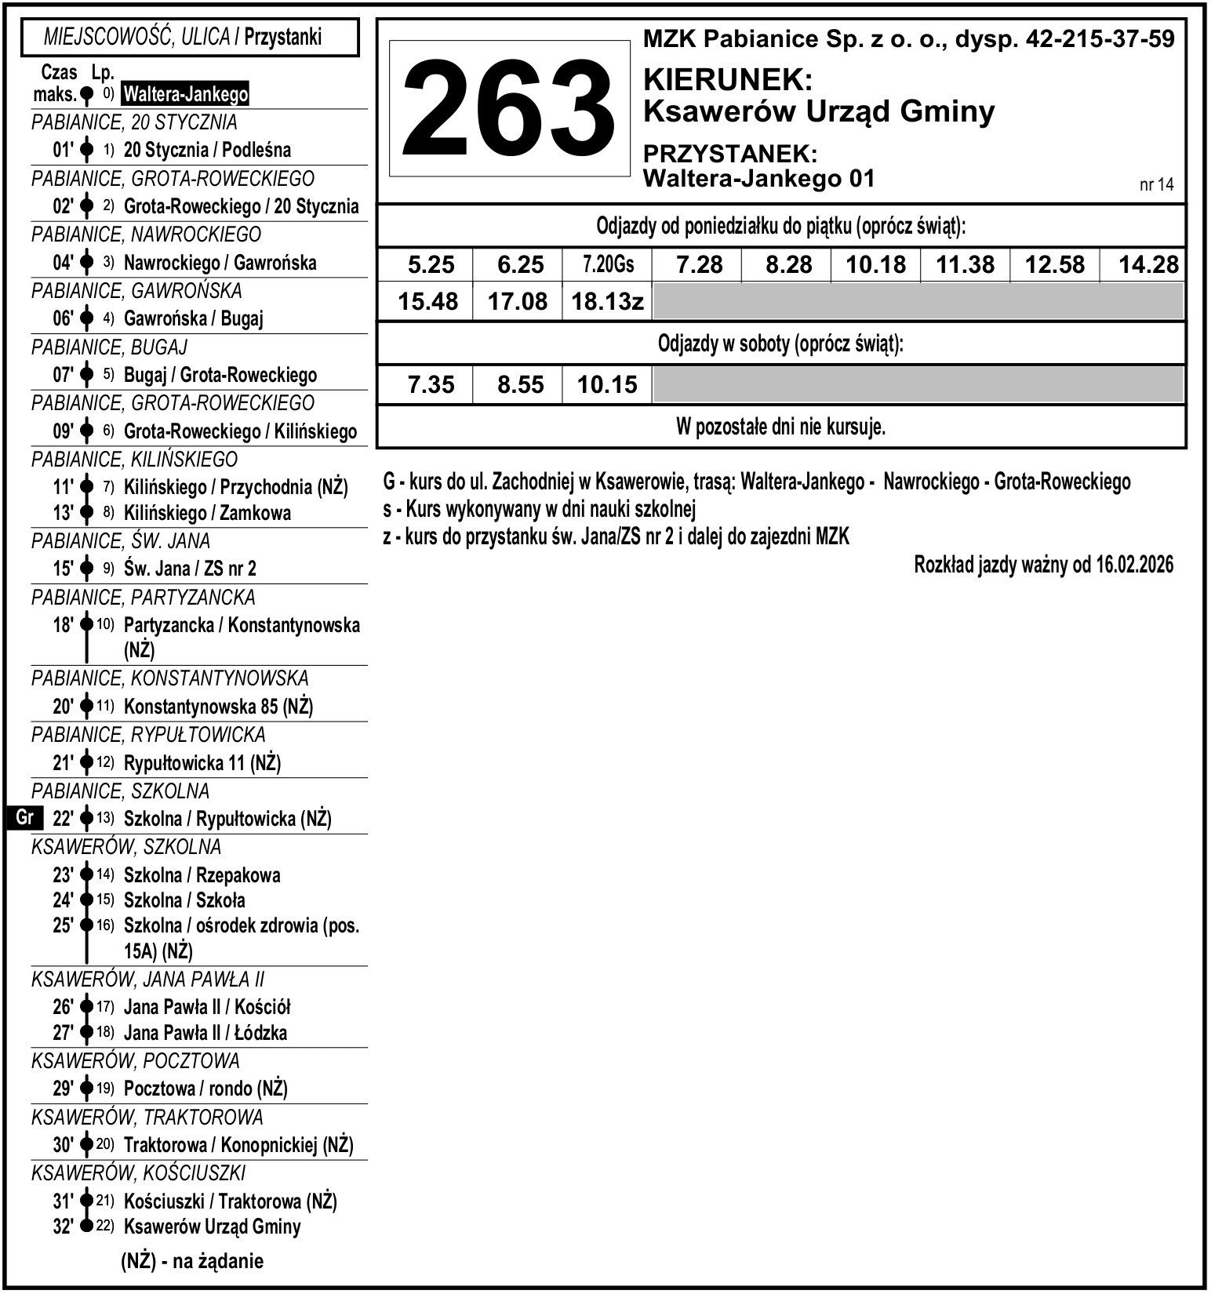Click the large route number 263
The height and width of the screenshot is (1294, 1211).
pyautogui.click(x=509, y=109)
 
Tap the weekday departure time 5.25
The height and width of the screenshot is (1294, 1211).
pyautogui.click(x=431, y=265)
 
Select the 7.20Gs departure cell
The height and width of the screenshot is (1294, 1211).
pyautogui.click(x=608, y=265)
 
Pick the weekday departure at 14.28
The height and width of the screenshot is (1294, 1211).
pyautogui.click(x=1148, y=265)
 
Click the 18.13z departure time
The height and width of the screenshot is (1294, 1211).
pyautogui.click(x=608, y=302)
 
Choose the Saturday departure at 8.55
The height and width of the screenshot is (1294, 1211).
pyautogui.click(x=520, y=385)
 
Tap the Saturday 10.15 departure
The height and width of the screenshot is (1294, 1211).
pyautogui.click(x=608, y=385)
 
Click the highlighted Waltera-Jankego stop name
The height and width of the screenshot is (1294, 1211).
pyautogui.click(x=186, y=95)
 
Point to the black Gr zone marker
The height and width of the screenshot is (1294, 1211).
pyautogui.click(x=24, y=818)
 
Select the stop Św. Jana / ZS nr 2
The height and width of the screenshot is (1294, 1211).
pyautogui.click(x=190, y=569)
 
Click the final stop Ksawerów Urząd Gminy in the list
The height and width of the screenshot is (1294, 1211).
pyautogui.click(x=212, y=1227)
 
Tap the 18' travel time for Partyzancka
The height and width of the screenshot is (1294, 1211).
pyautogui.click(x=63, y=625)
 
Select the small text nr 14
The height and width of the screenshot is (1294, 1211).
pyautogui.click(x=1156, y=185)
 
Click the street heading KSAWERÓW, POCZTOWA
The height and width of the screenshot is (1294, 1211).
pyautogui.click(x=135, y=1061)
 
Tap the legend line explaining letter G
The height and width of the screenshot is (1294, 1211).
pyautogui.click(x=756, y=482)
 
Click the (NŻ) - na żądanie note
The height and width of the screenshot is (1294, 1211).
pyautogui.click(x=192, y=1261)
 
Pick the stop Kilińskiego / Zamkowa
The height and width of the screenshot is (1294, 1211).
pyautogui.click(x=207, y=513)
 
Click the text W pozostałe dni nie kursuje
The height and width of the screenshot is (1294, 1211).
pyautogui.click(x=780, y=427)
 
